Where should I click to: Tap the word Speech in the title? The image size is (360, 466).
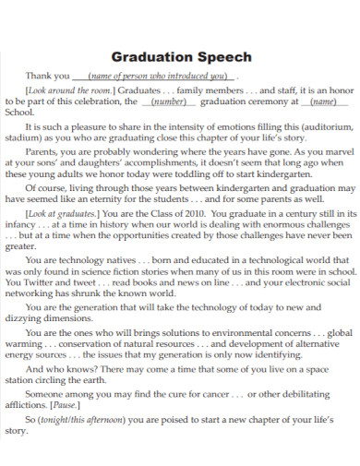(x=222, y=55)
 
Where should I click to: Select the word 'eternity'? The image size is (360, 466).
(x=125, y=198)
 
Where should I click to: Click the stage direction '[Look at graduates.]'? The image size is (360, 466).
(x=63, y=212)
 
